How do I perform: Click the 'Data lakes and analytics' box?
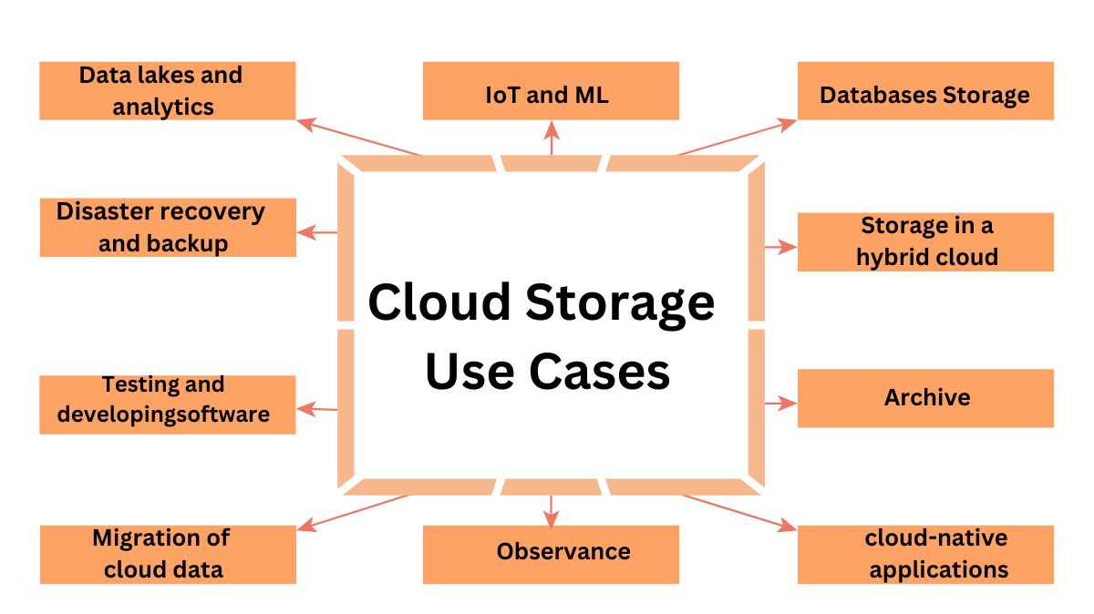click(x=168, y=90)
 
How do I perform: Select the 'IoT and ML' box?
click(x=551, y=90)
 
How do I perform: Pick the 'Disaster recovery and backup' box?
click(x=168, y=227)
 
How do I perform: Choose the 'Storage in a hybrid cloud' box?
click(x=924, y=241)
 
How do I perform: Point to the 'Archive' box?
click(x=924, y=398)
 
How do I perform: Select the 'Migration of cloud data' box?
click(x=168, y=554)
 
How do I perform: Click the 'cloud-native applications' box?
click(x=924, y=554)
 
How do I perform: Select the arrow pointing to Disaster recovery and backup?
click(x=318, y=232)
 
